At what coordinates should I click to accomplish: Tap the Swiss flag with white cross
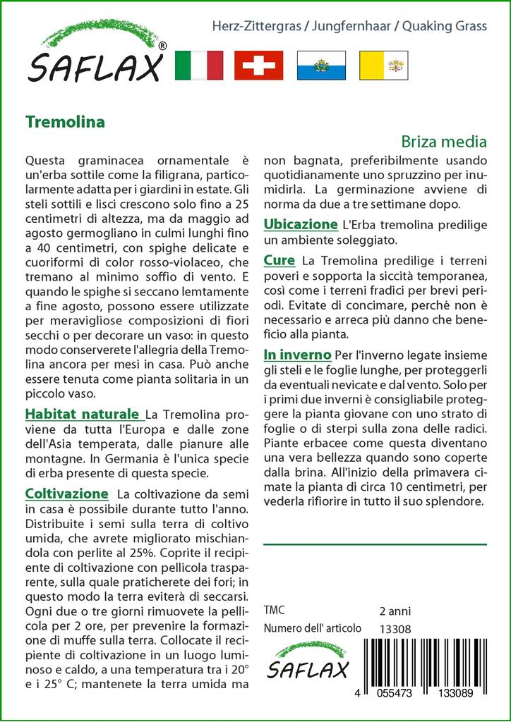pyautogui.click(x=258, y=65)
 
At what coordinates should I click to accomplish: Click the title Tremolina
pyautogui.click(x=64, y=121)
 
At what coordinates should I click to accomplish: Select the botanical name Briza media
pyautogui.click(x=444, y=141)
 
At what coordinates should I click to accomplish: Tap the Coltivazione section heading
pyautogui.click(x=66, y=494)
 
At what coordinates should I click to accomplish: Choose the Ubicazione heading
pyautogui.click(x=300, y=225)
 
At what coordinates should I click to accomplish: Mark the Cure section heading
pyautogui.click(x=279, y=261)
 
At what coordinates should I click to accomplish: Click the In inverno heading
pyautogui.click(x=297, y=354)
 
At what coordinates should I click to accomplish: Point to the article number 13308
pyautogui.click(x=395, y=629)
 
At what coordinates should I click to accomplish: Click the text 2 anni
pyautogui.click(x=395, y=611)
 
